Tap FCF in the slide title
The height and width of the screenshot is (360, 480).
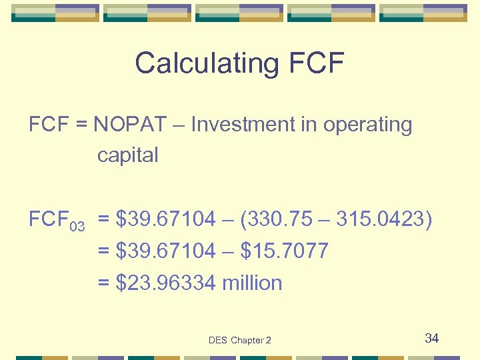[x=317, y=63]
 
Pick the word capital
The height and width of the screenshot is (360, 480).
[x=127, y=155]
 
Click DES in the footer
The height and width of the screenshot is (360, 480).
[x=217, y=340]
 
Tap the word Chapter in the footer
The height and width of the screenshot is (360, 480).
[x=247, y=340]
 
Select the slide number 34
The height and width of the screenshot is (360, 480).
[x=432, y=338]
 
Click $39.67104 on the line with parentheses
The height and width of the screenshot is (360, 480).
[x=165, y=219]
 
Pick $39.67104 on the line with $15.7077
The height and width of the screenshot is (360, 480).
[x=165, y=251]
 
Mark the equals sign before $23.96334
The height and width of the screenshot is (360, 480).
[x=104, y=283]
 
